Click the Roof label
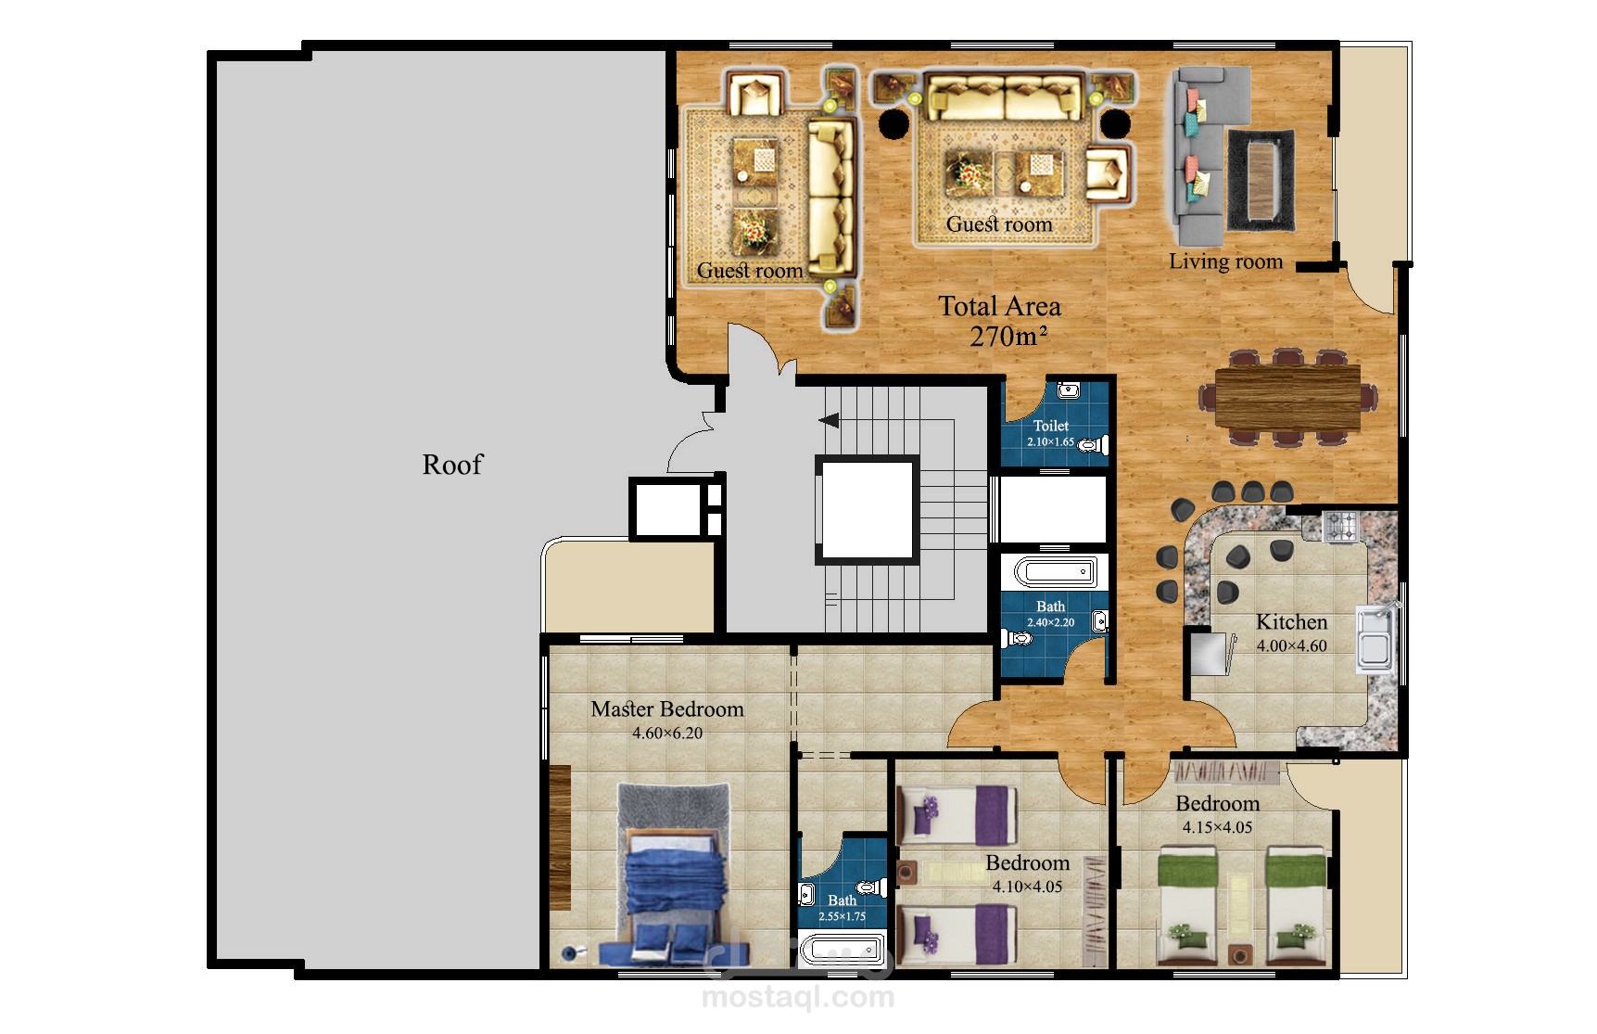tap(452, 464)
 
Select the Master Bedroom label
tap(667, 709)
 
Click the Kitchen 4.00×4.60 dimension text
tap(1292, 646)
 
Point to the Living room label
tap(1225, 262)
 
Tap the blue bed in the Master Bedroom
tap(675, 890)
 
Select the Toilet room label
tap(1051, 426)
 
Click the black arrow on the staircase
tap(829, 422)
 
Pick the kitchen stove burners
tap(1340, 527)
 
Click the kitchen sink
tap(1374, 638)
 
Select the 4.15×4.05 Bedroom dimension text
tap(1217, 828)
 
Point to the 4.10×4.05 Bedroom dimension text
tap(1027, 887)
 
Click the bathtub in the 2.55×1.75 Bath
tap(843, 950)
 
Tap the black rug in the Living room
tap(1261, 180)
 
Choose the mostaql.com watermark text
tap(798, 998)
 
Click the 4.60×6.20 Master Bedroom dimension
tap(667, 734)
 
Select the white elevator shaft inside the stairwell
tap(868, 510)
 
